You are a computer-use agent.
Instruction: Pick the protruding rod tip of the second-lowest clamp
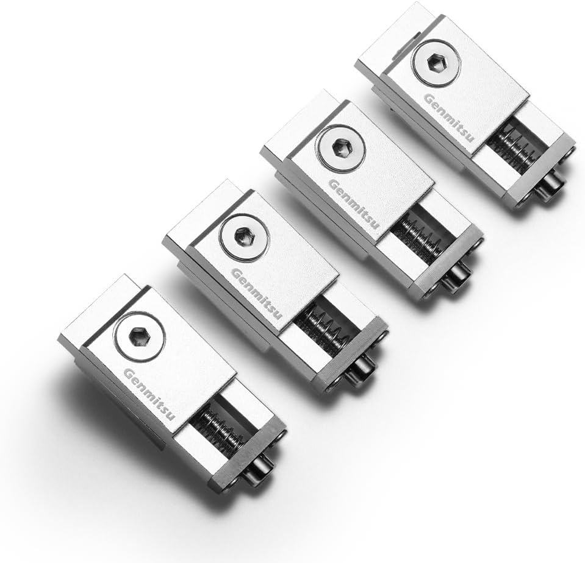364,369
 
